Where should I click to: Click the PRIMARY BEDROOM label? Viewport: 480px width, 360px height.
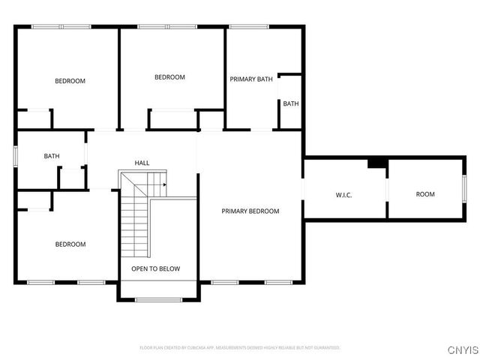250,211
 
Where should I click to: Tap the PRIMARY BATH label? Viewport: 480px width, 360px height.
250,79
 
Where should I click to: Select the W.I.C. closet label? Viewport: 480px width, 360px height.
343,196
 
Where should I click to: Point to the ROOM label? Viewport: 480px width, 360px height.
425,194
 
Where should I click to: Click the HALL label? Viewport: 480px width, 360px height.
142,163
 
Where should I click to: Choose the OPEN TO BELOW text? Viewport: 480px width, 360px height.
155,268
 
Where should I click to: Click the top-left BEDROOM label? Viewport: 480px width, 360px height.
70,81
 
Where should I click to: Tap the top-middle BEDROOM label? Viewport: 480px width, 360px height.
169,77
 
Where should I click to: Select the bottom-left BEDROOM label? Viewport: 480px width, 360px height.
70,244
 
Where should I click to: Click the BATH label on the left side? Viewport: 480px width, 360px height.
51,156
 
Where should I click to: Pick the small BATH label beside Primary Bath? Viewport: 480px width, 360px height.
291,103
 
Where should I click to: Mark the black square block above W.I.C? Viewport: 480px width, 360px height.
376,163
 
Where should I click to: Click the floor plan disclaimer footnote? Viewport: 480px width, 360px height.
240,348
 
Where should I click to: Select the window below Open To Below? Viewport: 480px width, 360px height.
157,300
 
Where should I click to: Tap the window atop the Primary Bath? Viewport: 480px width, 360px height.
249,27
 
